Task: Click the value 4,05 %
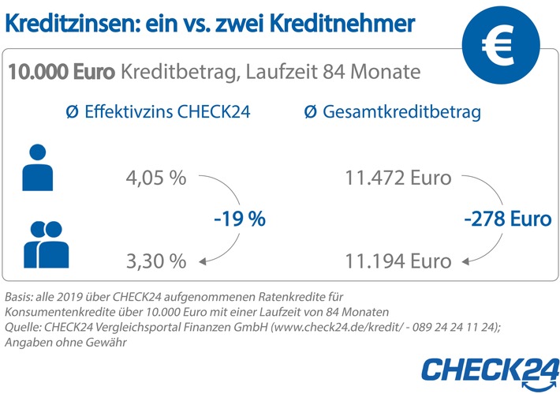(x=156, y=178)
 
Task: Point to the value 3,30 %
(x=156, y=260)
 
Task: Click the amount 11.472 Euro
(x=398, y=178)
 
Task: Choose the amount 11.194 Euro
(x=398, y=260)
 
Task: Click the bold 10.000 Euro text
(x=62, y=73)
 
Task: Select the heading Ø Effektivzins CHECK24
(x=158, y=114)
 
